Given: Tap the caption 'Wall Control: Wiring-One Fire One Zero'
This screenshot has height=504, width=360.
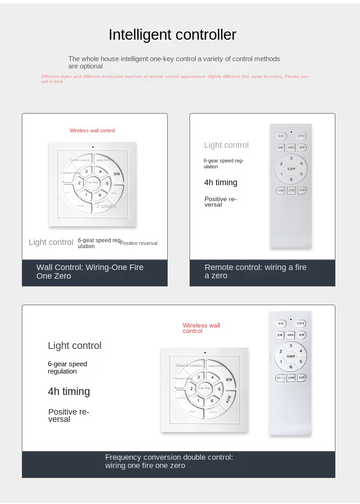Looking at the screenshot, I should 90,271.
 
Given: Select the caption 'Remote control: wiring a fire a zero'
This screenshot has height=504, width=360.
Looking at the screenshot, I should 255,271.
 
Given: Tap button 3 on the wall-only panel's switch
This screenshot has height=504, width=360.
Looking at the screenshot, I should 86,171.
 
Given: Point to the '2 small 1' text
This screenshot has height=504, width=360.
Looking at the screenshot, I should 106,206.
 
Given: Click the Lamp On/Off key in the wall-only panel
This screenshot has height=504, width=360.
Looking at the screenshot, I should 106,160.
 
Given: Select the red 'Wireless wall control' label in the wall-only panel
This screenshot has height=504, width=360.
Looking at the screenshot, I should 92,130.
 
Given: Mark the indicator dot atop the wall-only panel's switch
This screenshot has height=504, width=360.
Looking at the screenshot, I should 93,147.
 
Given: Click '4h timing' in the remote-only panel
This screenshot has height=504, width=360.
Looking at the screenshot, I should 221,182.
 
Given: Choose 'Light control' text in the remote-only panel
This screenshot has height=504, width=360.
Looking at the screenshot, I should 226,145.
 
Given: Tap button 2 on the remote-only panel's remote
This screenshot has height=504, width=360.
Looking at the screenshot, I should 281,164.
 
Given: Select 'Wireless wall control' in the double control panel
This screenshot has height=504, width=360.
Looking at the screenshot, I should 201,328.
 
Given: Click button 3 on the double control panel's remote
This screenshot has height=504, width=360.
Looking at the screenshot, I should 291,346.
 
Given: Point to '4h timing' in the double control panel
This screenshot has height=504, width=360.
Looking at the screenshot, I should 69,391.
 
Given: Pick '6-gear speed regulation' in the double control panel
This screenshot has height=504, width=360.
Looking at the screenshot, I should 67,368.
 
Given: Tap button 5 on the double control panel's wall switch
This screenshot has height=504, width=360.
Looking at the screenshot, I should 219,389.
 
